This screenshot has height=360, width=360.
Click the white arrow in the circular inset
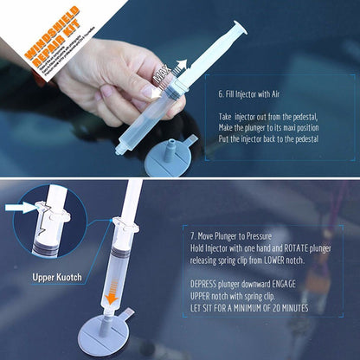pyautogui.click(x=18, y=208)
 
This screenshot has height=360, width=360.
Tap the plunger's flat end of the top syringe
pyautogui.click(x=239, y=28)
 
